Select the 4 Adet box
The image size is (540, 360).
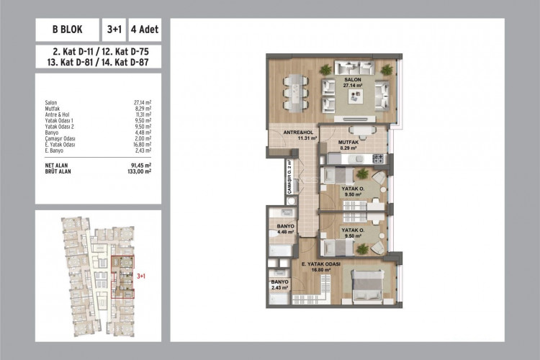click(x=144, y=31)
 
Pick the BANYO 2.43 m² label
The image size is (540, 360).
click(x=279, y=284)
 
